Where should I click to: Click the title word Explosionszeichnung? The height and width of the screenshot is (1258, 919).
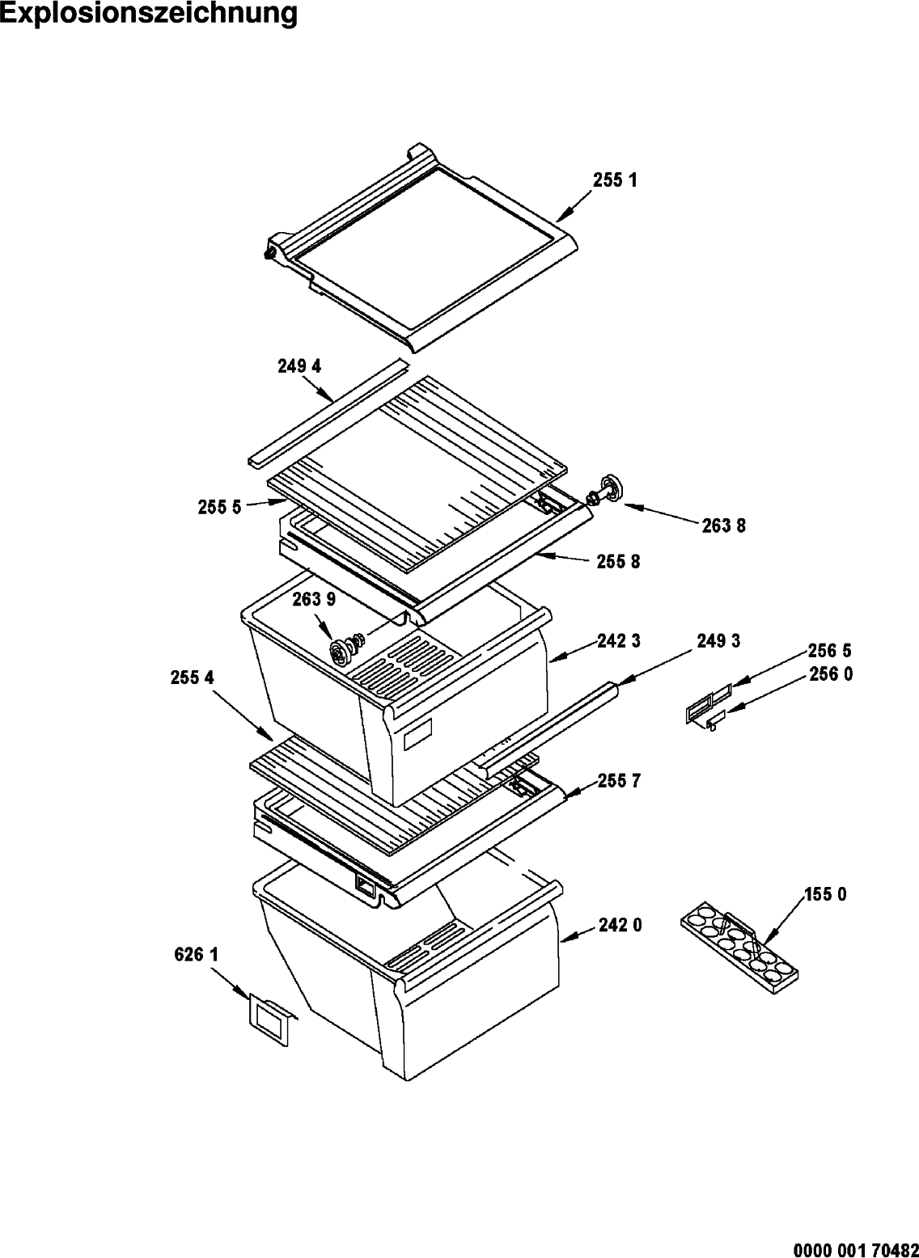pos(149,14)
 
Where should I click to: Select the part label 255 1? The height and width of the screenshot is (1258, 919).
pos(615,180)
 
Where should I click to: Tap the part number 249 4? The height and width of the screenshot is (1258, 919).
pos(299,366)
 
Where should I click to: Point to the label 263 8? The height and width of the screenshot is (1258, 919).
pos(723,526)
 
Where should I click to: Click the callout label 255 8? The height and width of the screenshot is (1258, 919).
pos(618,562)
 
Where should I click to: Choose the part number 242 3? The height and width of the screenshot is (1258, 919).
pos(619,641)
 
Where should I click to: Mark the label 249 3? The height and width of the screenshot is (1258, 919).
pos(718,641)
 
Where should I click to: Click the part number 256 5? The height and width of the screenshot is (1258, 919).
pos(830,651)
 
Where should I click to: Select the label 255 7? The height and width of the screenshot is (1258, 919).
pos(619,782)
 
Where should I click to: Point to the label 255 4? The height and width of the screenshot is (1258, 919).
pos(193,678)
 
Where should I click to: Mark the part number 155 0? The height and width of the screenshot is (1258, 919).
pos(825,895)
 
